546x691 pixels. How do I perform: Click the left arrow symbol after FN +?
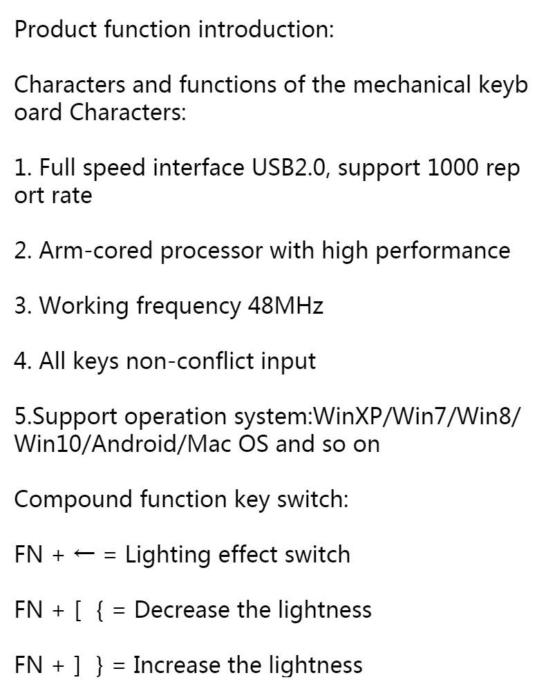pos(84,554)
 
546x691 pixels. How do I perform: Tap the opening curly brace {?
pos(100,611)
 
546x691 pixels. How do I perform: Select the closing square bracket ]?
pos(77,666)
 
